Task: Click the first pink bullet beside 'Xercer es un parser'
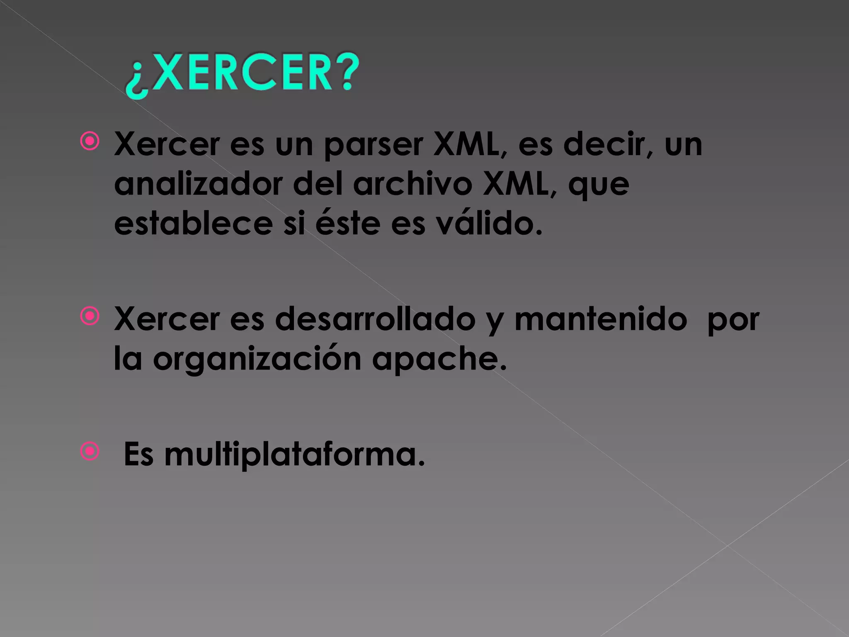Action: [90, 141]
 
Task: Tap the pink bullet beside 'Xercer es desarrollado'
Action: [90, 316]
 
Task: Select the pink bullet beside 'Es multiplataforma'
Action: [90, 452]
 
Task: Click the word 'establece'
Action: [193, 224]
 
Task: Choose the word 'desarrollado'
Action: [375, 319]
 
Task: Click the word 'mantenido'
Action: [601, 319]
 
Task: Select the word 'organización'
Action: [257, 359]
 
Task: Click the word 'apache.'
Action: [439, 359]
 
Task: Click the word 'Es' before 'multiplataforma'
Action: [138, 455]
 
